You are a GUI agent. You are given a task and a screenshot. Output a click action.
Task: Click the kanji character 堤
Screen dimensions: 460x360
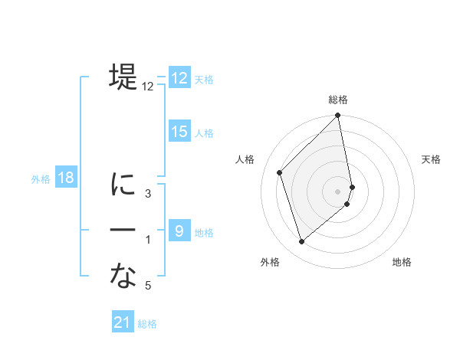coord(123,77)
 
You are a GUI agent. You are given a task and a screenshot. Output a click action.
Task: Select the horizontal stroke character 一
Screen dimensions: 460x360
coord(123,231)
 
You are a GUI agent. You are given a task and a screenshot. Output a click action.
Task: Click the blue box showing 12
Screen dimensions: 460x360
coord(179,78)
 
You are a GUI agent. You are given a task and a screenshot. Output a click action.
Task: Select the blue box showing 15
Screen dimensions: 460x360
coord(179,132)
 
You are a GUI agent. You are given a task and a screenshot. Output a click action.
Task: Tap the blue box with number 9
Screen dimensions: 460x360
coord(179,231)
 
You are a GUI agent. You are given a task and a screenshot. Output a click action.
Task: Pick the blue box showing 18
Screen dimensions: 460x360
coord(66,178)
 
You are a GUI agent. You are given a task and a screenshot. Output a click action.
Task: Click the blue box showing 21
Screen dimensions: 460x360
coord(123,322)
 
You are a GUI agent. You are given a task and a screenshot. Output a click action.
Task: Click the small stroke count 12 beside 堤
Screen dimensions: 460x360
coord(148,87)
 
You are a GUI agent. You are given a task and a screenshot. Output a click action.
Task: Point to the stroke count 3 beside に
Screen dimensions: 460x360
coord(148,194)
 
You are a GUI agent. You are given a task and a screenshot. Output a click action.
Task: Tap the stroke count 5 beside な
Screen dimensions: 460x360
coord(148,286)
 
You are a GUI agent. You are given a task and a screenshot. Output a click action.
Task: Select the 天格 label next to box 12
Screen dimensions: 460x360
coord(204,79)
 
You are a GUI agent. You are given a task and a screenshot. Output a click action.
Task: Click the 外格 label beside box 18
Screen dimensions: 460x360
coord(41,179)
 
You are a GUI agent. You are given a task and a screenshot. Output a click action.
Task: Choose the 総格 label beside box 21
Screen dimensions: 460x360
coord(147,323)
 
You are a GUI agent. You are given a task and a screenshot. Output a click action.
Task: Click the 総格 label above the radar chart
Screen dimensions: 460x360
coord(338,100)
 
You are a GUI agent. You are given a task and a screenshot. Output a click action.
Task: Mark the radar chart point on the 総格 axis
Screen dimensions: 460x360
coord(338,116)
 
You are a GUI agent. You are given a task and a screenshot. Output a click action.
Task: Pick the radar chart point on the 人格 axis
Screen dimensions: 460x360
coord(280,172)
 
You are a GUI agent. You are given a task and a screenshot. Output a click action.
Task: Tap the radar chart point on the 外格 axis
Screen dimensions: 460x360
coord(302,242)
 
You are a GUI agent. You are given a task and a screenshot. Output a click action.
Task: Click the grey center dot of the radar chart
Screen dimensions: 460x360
coord(338,191)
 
